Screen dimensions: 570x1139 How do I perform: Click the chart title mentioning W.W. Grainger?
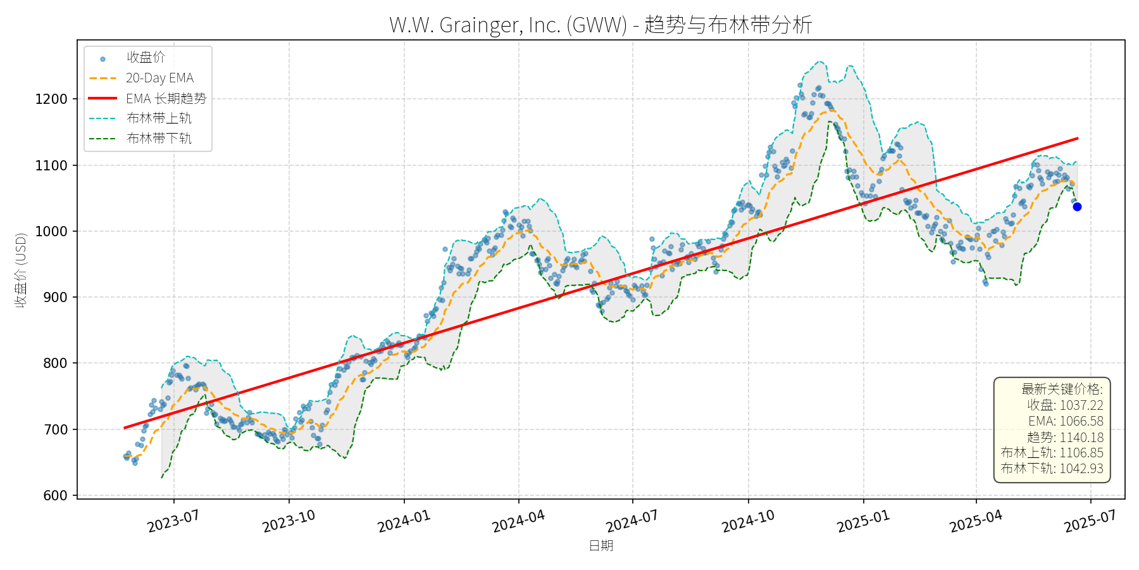point(601,25)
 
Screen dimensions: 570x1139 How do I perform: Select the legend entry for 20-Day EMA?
point(159,78)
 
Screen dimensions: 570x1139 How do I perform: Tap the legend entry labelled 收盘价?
point(146,58)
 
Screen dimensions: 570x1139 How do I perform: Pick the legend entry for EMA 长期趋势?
point(166,98)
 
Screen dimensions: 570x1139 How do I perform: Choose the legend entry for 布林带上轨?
point(159,118)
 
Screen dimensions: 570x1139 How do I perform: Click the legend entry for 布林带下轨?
point(159,138)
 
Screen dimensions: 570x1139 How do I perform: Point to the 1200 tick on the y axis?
point(51,99)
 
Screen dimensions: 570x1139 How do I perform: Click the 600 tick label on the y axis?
point(55,495)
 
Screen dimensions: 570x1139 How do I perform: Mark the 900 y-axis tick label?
point(55,297)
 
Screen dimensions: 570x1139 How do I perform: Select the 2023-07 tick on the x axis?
point(173,521)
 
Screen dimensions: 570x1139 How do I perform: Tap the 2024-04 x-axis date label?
point(518,521)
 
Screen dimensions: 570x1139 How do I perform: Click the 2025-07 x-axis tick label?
point(1090,521)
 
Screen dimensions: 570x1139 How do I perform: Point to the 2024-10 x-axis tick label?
point(748,521)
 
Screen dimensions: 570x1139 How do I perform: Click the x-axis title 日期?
point(601,545)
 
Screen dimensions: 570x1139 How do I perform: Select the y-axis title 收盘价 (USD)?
point(21,270)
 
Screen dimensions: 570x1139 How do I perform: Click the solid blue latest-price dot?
point(1077,206)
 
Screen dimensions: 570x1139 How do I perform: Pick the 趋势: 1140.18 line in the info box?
point(1065,437)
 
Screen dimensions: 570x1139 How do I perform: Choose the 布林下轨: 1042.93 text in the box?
point(1052,469)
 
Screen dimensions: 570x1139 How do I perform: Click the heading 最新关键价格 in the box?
point(1062,389)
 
